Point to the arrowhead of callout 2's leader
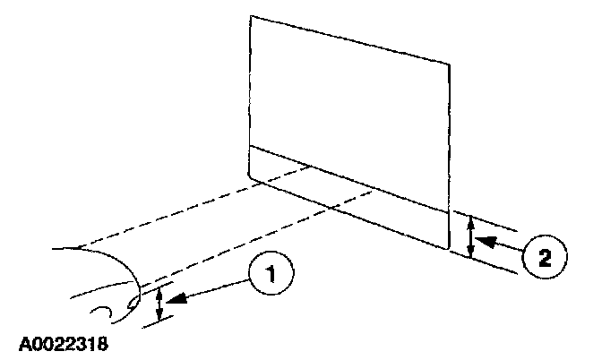pyautogui.click(x=478, y=240)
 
